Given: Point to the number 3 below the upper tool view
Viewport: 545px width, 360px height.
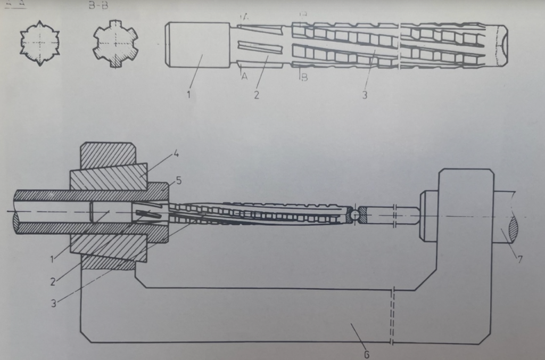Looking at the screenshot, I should click(x=364, y=96).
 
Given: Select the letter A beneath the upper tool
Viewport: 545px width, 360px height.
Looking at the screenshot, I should click(x=244, y=77).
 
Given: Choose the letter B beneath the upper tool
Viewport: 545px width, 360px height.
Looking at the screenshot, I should click(x=304, y=78).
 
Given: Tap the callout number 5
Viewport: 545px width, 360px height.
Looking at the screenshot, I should click(x=179, y=181).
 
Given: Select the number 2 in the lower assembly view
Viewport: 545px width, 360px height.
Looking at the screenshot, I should click(x=53, y=282).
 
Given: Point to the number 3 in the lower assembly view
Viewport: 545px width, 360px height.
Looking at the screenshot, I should click(x=53, y=303).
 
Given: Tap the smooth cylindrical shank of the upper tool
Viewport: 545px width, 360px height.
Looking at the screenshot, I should click(x=197, y=45).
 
